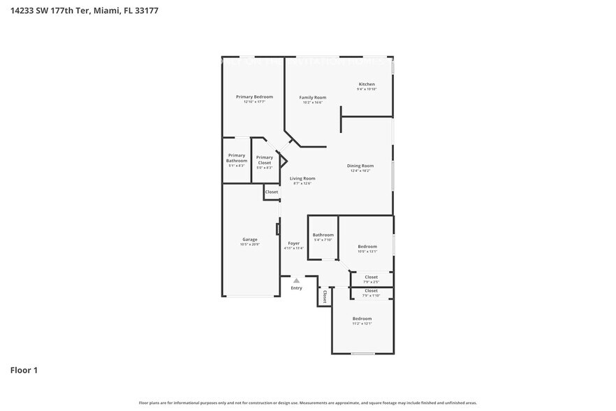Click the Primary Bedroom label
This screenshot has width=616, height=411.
tap(254, 96)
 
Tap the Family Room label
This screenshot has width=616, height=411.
tap(313, 97)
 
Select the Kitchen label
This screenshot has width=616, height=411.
tap(367, 84)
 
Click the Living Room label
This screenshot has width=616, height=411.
tap(302, 178)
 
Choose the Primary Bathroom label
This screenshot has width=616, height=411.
tap(237, 158)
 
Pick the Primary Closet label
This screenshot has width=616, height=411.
tap(264, 160)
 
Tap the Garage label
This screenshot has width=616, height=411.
tap(249, 239)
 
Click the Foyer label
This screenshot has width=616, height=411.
tap(293, 243)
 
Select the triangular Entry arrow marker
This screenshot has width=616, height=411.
tap(296, 280)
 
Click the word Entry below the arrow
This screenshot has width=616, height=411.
tap(296, 288)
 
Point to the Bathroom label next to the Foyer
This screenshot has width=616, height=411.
tap(323, 235)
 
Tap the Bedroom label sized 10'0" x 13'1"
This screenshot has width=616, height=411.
tap(367, 246)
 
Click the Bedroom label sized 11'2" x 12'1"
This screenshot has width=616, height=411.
tap(362, 319)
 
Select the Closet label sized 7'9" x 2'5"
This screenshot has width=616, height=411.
tap(371, 277)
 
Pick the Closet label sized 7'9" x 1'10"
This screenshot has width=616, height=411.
tap(371, 291)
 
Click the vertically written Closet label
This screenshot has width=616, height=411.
tap(324, 296)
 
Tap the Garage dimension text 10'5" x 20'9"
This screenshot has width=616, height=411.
tap(249, 245)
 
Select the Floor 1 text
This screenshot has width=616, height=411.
tap(23, 370)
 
